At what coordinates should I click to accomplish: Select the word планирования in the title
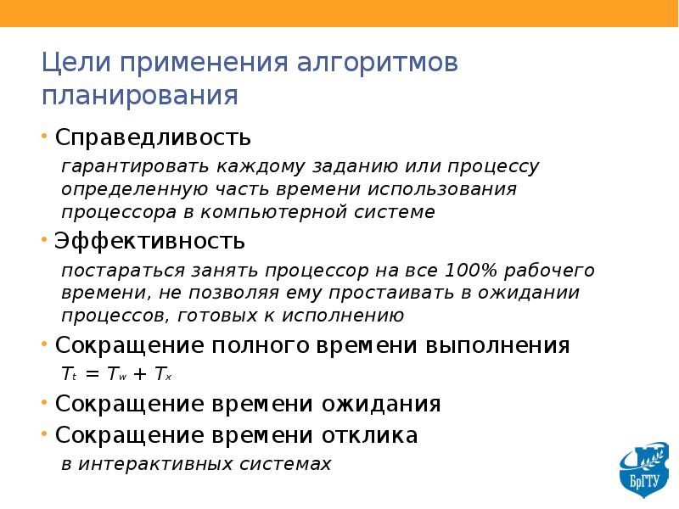tap(140, 95)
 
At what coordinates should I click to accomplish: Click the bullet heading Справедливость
tap(153, 137)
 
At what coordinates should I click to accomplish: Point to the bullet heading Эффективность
tap(150, 241)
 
